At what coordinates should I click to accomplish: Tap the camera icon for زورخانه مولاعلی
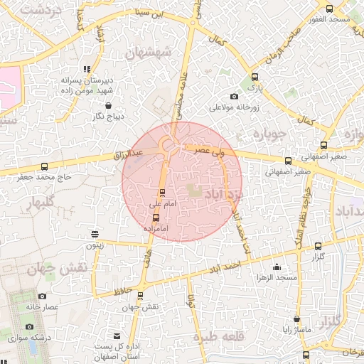[x=235, y=97]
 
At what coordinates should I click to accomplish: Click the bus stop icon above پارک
[x=255, y=77]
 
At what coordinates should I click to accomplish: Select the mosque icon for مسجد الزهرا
[x=277, y=267]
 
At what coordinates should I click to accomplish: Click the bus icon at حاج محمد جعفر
[x=45, y=168]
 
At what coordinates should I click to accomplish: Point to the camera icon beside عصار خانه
[x=42, y=296]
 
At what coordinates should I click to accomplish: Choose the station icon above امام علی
[x=163, y=192]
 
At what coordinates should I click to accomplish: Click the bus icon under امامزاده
[x=156, y=219]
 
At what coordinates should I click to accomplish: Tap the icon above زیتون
[x=95, y=234]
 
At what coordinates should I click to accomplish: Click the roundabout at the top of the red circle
[x=171, y=146]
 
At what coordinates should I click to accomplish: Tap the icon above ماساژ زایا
[x=296, y=320]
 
